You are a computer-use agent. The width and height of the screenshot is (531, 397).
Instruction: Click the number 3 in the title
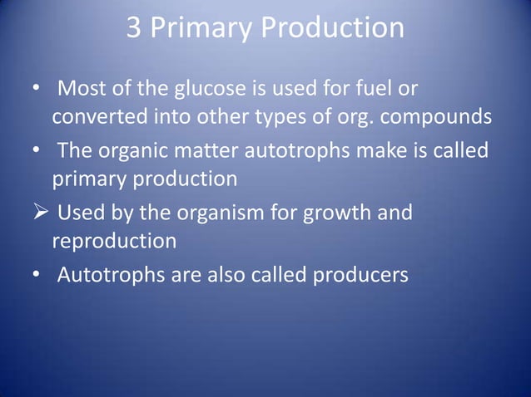135,29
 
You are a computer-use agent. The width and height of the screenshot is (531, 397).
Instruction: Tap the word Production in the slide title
332,29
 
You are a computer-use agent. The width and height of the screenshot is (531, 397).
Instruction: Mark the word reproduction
114,242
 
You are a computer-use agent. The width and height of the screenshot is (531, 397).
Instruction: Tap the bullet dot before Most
36,89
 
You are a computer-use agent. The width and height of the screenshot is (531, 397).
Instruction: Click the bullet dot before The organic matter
36,151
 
